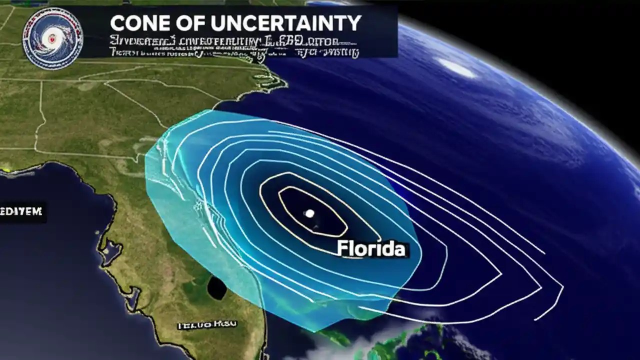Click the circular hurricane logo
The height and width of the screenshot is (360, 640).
(x=53, y=38)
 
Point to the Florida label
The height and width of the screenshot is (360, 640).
(x=371, y=248)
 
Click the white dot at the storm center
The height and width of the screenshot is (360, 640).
(x=309, y=213)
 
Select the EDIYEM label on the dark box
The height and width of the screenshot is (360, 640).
(x=22, y=212)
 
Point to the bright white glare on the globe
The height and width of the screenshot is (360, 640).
(x=457, y=68)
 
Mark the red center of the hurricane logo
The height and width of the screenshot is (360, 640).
(x=51, y=37)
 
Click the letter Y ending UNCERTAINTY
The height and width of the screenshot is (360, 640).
(x=353, y=23)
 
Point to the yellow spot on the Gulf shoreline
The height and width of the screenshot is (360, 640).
(x=6, y=170)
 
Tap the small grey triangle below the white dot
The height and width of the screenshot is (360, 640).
(x=316, y=228)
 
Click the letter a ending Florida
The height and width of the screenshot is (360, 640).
(x=398, y=249)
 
